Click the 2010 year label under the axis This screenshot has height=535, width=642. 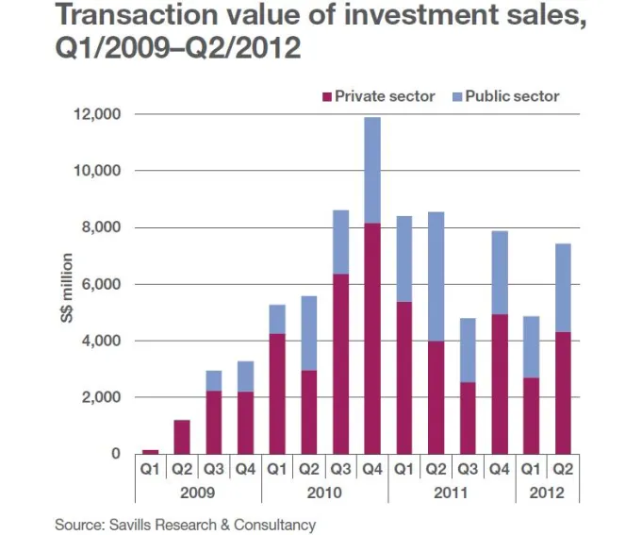pyautogui.click(x=325, y=492)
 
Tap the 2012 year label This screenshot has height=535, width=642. pyautogui.click(x=547, y=492)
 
